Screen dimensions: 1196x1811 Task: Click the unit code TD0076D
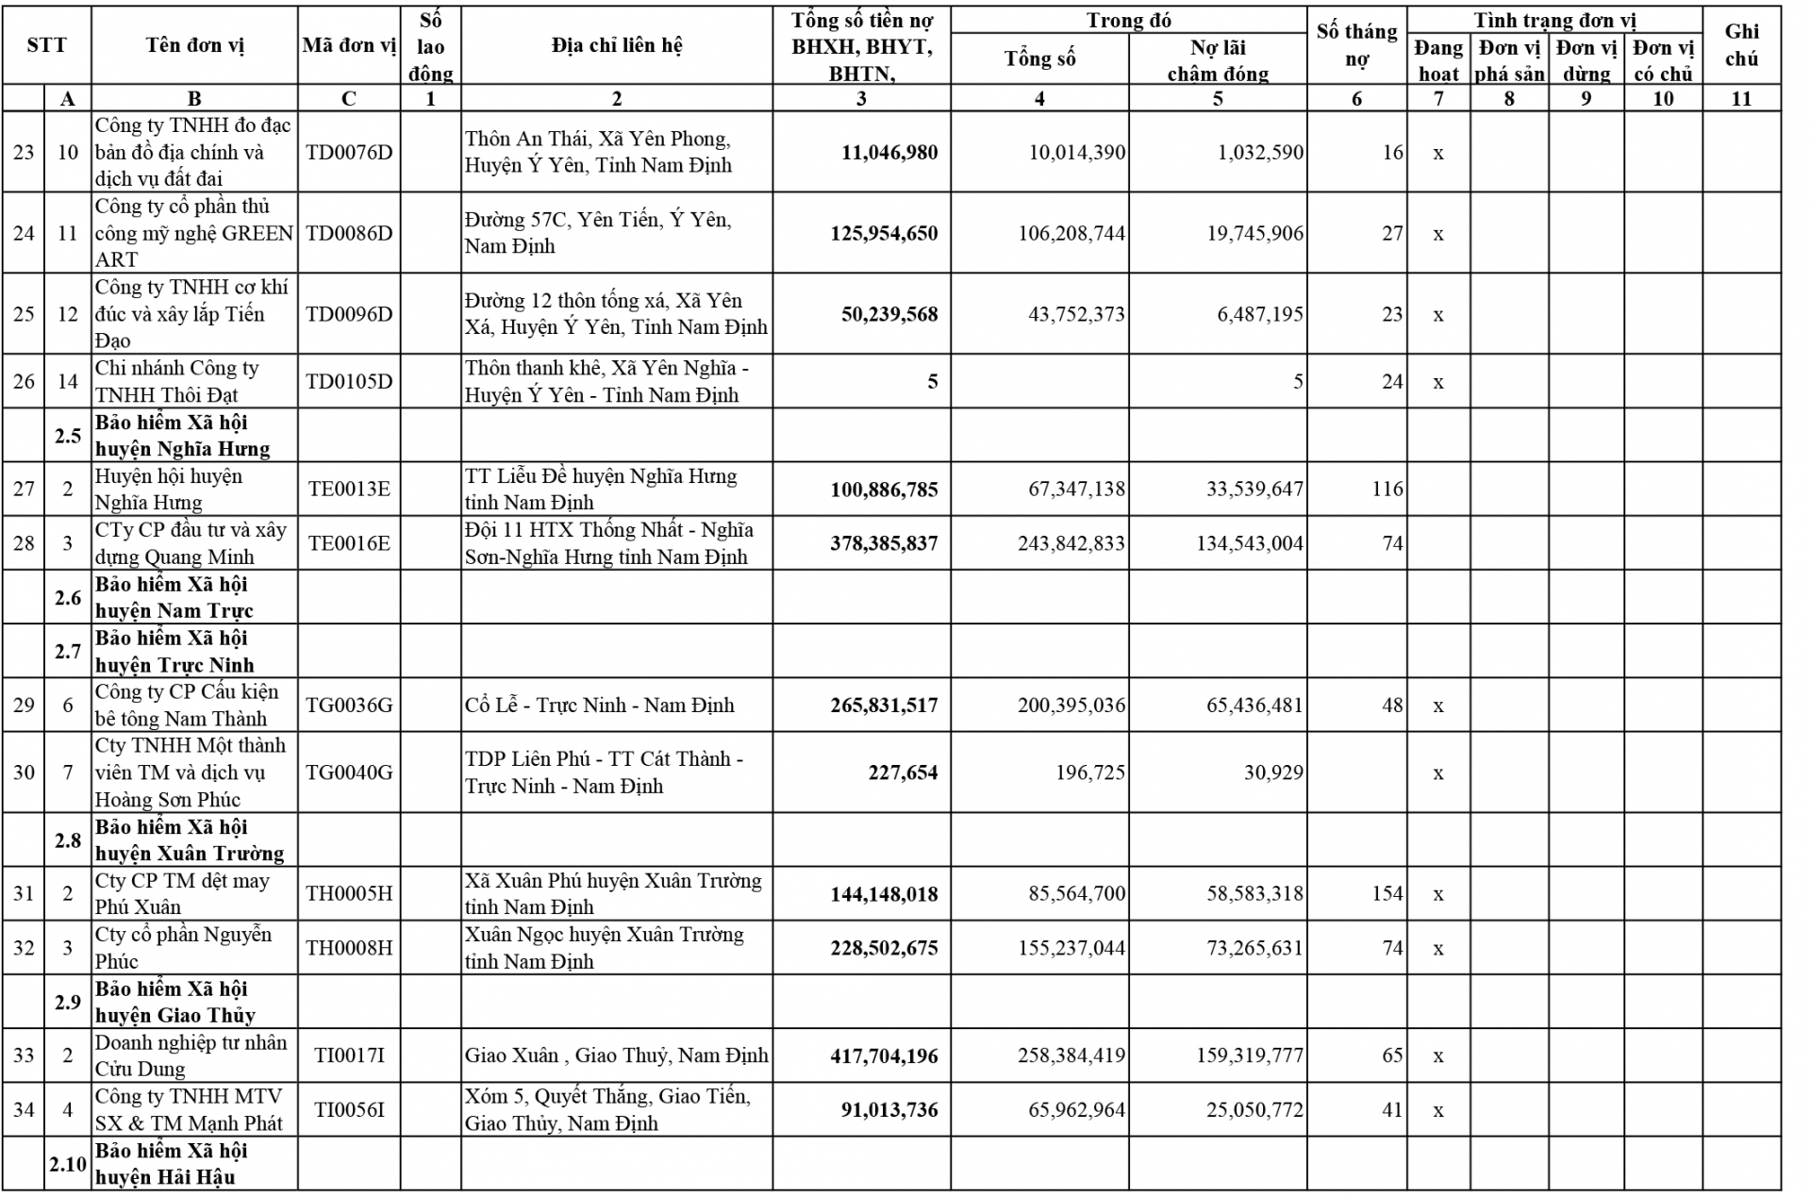[x=348, y=153]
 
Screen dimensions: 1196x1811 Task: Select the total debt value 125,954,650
[x=884, y=234]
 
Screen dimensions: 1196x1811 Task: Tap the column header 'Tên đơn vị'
[x=194, y=45]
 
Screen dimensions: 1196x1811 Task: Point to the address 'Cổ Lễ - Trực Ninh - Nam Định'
[x=599, y=706]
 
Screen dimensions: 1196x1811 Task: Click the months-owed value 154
[x=1387, y=893]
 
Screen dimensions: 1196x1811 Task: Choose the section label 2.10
[x=68, y=1164]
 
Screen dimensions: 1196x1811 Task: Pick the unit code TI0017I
[x=348, y=1055]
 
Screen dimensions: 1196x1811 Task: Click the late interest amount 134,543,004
[x=1249, y=543]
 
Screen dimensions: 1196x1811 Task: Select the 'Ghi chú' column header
[x=1740, y=45]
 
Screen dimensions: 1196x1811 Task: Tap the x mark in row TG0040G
[x=1437, y=773]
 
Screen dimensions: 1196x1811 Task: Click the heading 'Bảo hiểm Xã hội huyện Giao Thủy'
[x=174, y=1002]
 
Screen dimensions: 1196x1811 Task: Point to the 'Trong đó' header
[x=1128, y=21]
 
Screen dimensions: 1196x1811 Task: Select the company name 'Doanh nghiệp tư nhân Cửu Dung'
[x=190, y=1055]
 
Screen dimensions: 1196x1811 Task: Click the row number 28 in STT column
[x=24, y=543]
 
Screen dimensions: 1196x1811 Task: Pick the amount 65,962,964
[x=1076, y=1110]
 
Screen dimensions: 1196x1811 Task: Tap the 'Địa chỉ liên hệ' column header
[x=616, y=45]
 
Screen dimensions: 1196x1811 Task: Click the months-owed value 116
[x=1387, y=489]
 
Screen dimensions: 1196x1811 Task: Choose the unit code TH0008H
[x=348, y=948]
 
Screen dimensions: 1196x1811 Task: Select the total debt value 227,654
[x=903, y=773]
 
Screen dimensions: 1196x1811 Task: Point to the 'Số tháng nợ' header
[x=1356, y=45]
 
